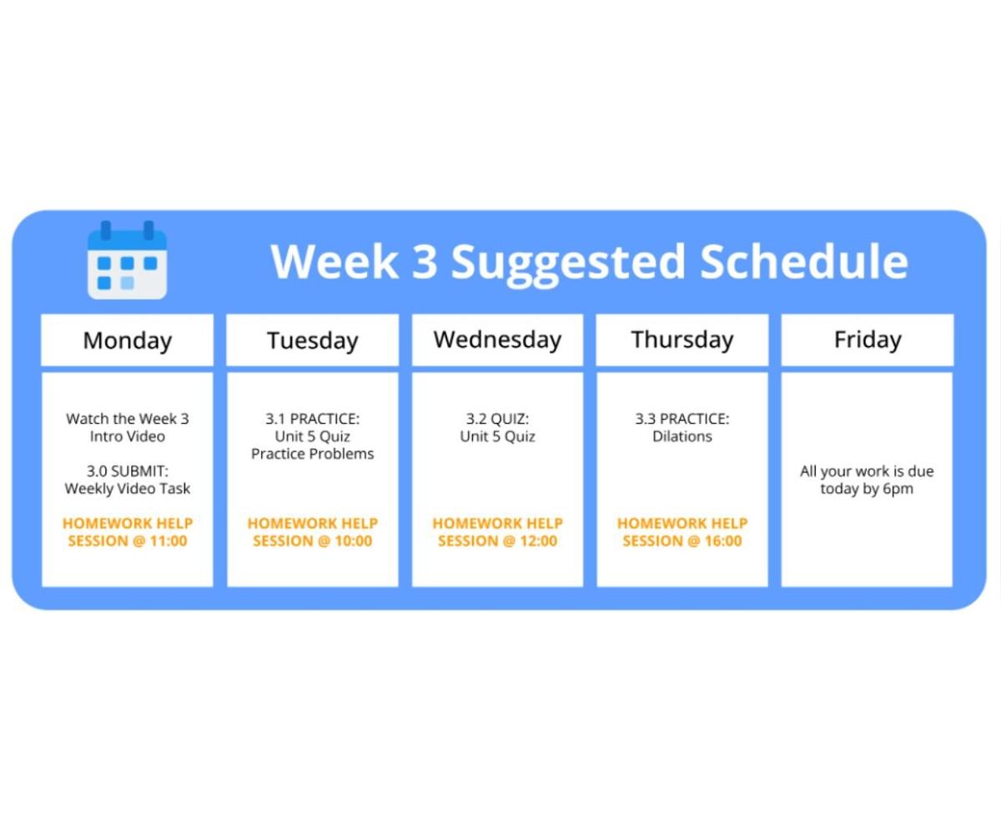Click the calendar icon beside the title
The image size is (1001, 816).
pos(127,260)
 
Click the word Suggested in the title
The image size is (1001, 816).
pos(568,263)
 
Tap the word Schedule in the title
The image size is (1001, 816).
pos(804,261)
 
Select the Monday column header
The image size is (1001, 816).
pos(128,340)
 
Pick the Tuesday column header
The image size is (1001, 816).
pos(313,340)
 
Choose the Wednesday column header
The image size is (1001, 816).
pos(498,340)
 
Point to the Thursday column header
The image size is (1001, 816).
pos(682,340)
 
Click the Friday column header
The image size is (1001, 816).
pos(868,340)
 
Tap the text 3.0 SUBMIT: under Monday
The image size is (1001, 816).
pos(128,471)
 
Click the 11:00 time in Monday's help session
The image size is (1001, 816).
pos(169,541)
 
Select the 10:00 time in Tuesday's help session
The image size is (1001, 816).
pos(354,541)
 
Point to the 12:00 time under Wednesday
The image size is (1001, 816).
pos(539,541)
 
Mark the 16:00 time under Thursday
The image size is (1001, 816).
pos(723,541)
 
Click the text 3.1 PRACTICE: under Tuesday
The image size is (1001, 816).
pos(313,419)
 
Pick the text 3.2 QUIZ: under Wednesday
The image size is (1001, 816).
pos(498,419)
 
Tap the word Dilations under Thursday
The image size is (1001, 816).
pos(682,436)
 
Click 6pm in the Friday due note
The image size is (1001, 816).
pos(898,489)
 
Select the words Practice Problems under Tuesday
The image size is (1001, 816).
pos(313,454)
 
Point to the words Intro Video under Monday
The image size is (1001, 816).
pos(128,436)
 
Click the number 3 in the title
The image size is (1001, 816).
pos(425,261)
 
